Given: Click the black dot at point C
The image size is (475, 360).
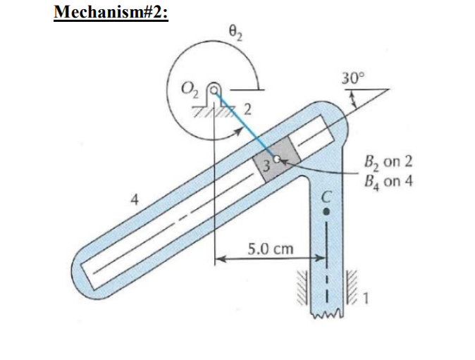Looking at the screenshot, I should [x=326, y=209].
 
